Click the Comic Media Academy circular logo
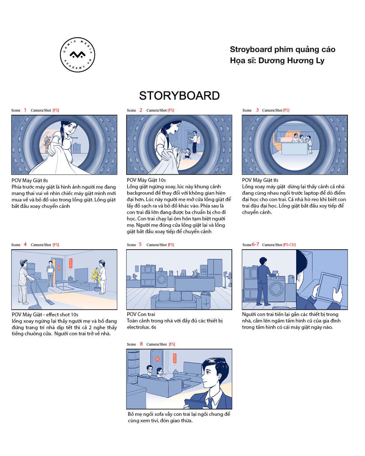77,55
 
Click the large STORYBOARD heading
179,96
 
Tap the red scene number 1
25,110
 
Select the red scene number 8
141,344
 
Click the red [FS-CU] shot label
289,245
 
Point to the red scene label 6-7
255,244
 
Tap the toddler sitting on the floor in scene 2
187,154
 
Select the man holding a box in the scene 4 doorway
50,274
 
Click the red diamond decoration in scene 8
157,359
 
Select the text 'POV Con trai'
141,314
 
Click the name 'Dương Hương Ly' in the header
291,60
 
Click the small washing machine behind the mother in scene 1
77,148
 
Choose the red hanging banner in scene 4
71,263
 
